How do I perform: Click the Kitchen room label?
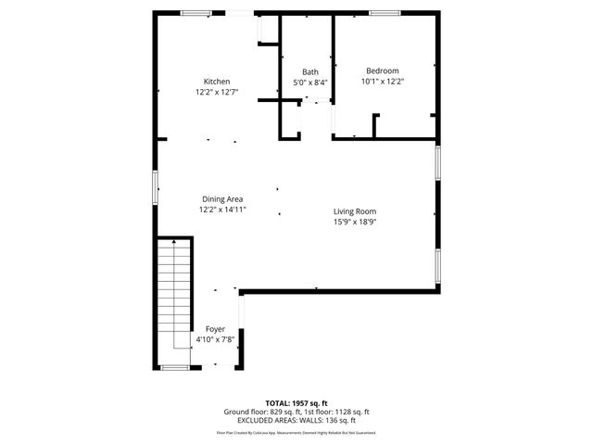pos(217,82)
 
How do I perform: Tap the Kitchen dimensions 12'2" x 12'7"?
pos(217,92)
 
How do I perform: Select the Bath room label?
pos(310,72)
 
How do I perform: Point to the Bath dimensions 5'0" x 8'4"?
pos(310,83)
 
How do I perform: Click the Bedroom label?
pos(382,71)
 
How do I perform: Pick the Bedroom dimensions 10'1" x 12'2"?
pos(382,82)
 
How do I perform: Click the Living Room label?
pos(355,211)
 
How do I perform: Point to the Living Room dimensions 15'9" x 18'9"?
pos(355,222)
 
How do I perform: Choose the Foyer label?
pos(215,329)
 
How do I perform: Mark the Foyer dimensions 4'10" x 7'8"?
pos(215,339)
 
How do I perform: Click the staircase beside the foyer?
pos(173,301)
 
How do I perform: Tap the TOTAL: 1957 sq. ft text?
pos(296,403)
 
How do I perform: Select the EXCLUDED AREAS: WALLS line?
pos(296,420)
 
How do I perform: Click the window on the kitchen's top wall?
pos(195,13)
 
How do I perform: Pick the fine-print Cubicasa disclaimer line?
pos(296,432)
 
